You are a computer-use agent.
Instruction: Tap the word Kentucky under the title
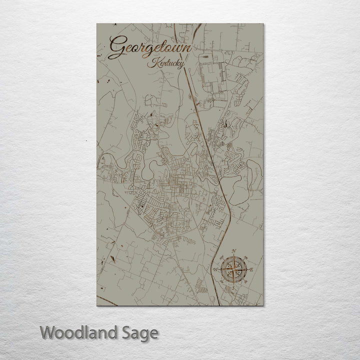coord(165,64)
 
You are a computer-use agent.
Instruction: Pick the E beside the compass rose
coord(251,270)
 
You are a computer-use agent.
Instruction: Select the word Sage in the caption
coord(143,332)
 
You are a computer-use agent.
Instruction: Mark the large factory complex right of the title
coord(212,75)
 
